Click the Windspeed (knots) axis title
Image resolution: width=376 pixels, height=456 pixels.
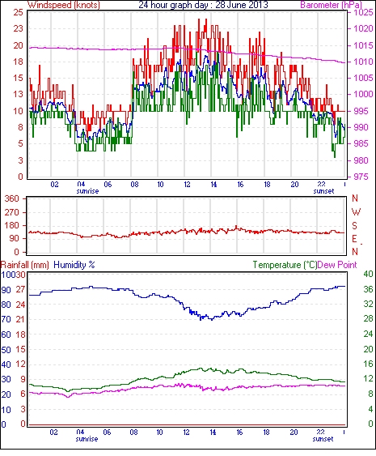point(64,5)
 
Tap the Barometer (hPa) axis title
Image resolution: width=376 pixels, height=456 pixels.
point(332,5)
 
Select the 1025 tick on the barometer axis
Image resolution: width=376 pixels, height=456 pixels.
point(363,12)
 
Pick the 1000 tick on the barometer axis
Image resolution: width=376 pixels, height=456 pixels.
point(363,94)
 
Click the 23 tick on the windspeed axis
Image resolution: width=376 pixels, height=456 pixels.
point(18,29)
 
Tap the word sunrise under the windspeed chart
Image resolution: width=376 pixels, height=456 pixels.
point(87,191)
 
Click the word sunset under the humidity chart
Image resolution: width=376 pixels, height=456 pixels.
point(323,439)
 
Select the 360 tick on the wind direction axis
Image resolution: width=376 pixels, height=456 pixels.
point(12,199)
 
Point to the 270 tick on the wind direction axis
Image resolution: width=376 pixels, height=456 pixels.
point(12,212)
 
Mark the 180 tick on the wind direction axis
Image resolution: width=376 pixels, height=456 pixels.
point(12,226)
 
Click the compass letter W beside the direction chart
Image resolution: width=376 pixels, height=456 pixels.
point(356,212)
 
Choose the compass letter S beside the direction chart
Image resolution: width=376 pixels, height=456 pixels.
point(354,226)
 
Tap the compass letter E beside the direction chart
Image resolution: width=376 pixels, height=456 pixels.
point(354,239)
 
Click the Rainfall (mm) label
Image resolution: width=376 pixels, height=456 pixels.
point(25,265)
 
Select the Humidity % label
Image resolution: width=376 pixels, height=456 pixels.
point(74,265)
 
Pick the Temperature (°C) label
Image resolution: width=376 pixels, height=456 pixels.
point(285,265)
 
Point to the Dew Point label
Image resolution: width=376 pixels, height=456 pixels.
point(337,265)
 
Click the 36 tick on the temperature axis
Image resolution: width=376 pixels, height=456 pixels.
point(369,289)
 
